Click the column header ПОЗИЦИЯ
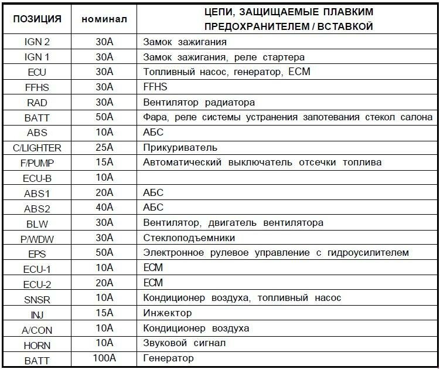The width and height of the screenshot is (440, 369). (36, 18)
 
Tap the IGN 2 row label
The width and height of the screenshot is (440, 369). (36, 42)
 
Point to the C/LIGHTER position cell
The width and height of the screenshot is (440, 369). (36, 147)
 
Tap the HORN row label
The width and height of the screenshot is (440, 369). (36, 343)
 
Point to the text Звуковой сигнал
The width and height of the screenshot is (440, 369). (184, 343)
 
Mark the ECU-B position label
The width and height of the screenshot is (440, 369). (36, 177)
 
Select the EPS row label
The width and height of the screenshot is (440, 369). (36, 252)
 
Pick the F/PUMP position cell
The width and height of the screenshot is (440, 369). (36, 162)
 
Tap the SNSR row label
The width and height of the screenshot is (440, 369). (36, 297)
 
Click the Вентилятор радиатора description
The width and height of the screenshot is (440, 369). (199, 102)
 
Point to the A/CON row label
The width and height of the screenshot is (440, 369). (36, 327)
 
